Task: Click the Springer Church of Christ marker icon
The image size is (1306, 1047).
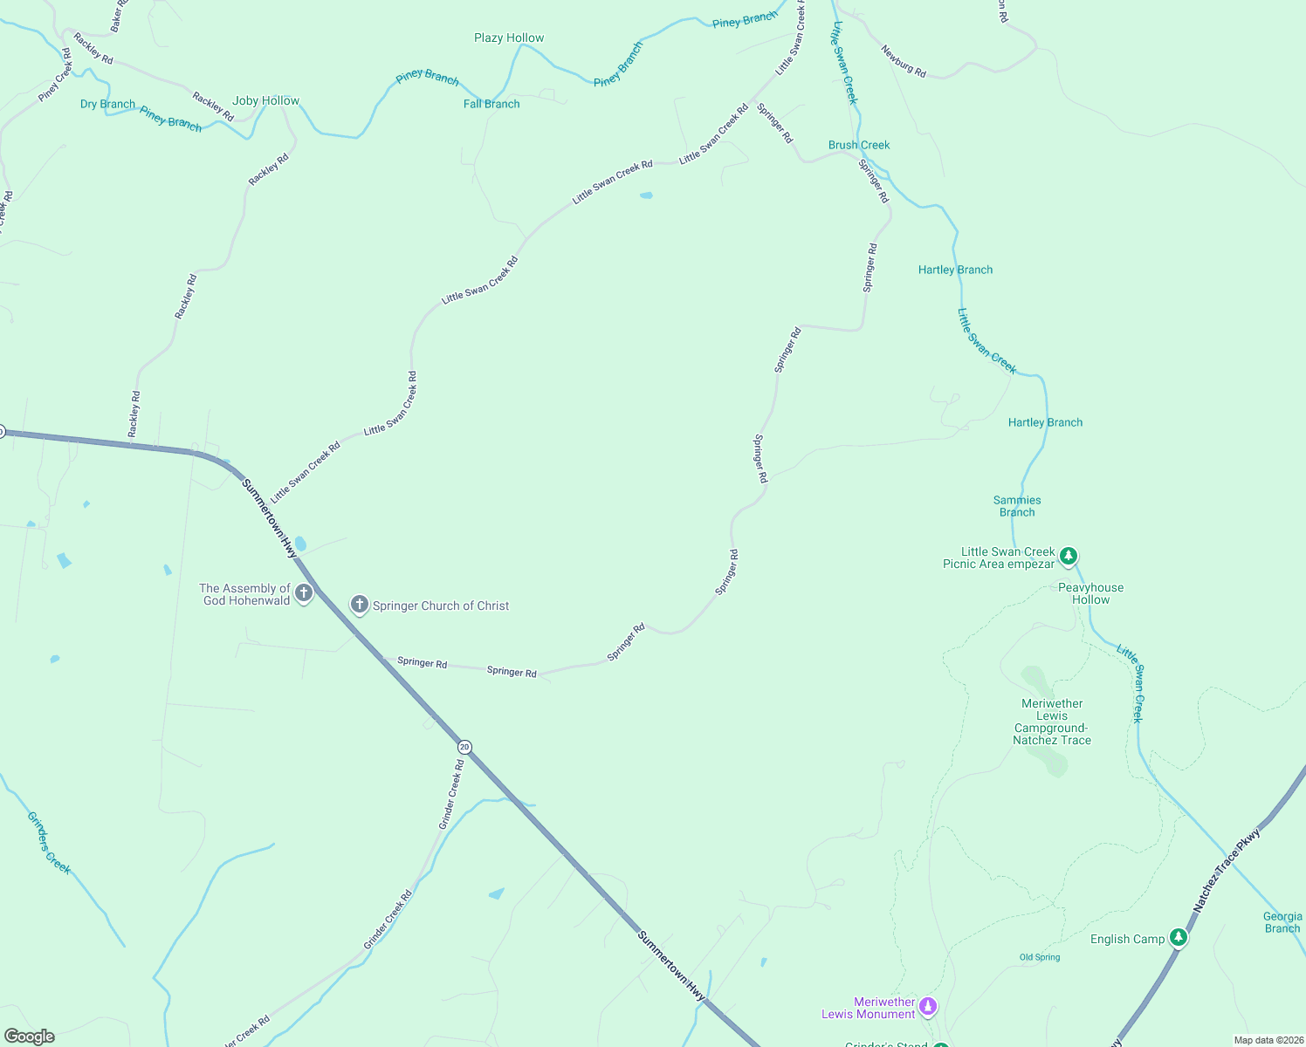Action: click(359, 605)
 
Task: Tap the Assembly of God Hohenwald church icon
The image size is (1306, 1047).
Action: click(304, 594)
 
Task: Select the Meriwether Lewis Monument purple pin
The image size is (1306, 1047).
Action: click(928, 1007)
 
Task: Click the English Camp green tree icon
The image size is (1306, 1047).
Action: click(1179, 938)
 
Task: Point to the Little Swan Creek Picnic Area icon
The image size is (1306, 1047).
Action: click(1068, 556)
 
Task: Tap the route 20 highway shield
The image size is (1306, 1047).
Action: click(464, 747)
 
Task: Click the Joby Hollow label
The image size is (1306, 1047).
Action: click(265, 100)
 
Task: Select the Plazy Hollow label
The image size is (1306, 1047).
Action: click(509, 38)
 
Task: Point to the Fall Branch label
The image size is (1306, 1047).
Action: click(491, 104)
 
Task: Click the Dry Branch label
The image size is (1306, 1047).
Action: click(107, 104)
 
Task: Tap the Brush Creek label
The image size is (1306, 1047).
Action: click(859, 145)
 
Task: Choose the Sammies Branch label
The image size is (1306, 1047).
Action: click(1017, 506)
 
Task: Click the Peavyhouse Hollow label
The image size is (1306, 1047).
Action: click(1090, 593)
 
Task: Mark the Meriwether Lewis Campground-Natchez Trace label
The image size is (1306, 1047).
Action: click(1052, 722)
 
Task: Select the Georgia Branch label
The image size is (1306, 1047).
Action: click(1282, 922)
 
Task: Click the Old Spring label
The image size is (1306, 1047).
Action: click(1040, 957)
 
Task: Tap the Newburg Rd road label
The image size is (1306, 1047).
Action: click(904, 61)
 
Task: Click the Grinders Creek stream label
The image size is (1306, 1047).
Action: click(49, 843)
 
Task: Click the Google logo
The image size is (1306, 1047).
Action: click(30, 1037)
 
